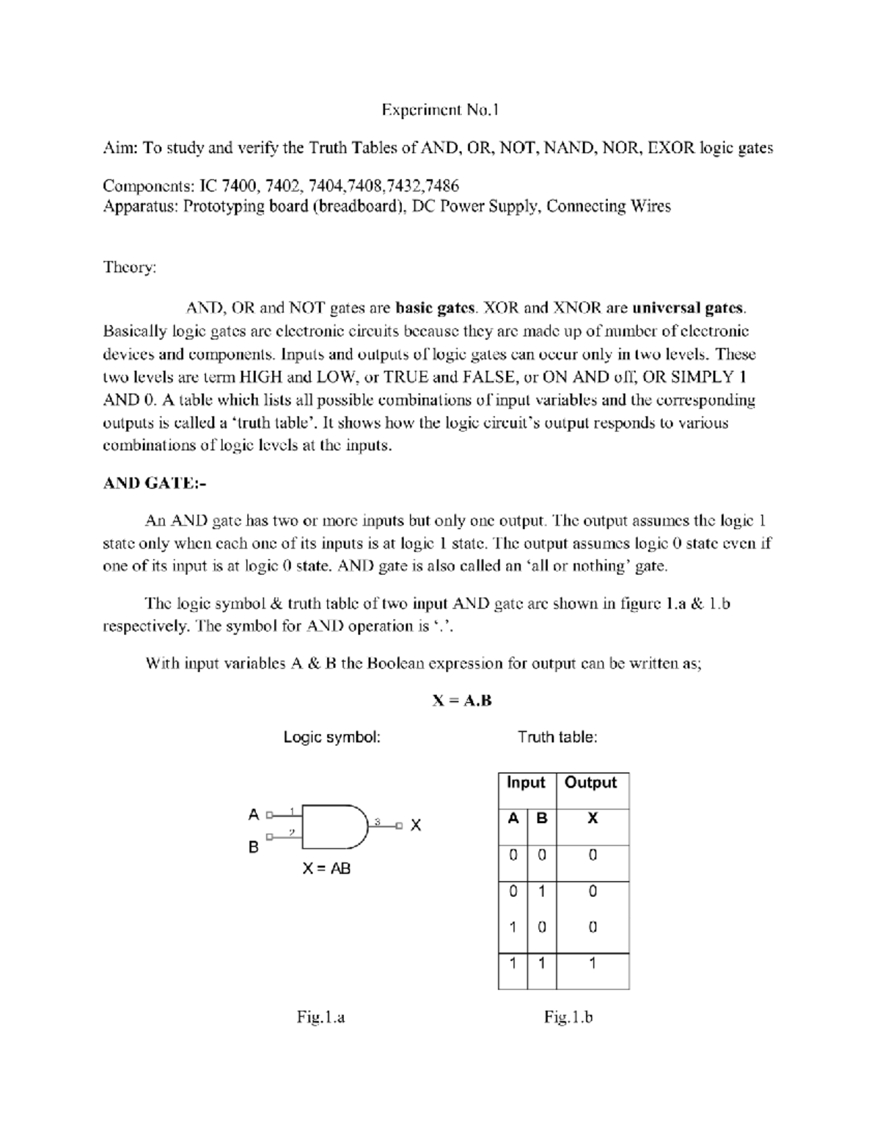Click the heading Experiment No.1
tap(439, 111)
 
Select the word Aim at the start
tap(119, 148)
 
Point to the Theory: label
tap(130, 267)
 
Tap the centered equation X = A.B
tap(462, 700)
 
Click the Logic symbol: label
tap(332, 737)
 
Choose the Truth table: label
tap(557, 737)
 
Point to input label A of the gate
tap(254, 814)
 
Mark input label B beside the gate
tap(254, 847)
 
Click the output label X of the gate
tap(416, 825)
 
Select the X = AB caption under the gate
tap(327, 868)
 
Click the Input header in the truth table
tap(526, 783)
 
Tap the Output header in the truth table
tap(591, 783)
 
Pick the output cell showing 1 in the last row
tap(593, 963)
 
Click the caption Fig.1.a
tap(320, 1017)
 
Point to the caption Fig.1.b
tap(568, 1017)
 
